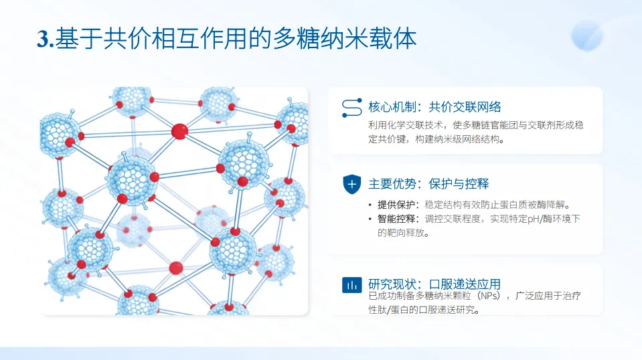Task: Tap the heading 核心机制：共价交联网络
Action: click(x=434, y=107)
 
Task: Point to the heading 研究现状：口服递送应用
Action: click(x=434, y=284)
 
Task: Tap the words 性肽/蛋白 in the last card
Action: click(x=391, y=310)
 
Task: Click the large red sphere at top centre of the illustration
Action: click(x=179, y=131)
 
